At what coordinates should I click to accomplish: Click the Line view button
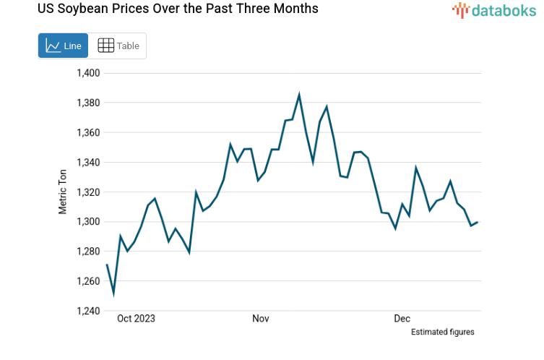(x=63, y=46)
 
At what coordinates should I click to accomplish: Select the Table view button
(x=118, y=46)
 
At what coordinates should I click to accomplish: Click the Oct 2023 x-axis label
(x=137, y=318)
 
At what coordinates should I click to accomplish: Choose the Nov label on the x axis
(x=261, y=318)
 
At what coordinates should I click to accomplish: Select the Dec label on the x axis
(x=402, y=318)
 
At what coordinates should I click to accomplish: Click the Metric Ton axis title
(x=63, y=192)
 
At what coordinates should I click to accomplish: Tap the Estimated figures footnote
(x=442, y=332)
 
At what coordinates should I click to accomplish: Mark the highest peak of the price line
(x=299, y=95)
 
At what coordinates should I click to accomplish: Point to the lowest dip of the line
(x=113, y=293)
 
